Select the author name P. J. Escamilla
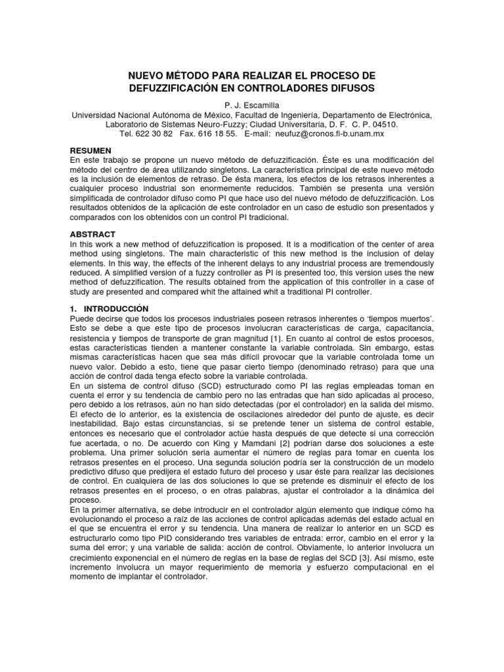[x=251, y=104]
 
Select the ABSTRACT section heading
[x=93, y=234]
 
